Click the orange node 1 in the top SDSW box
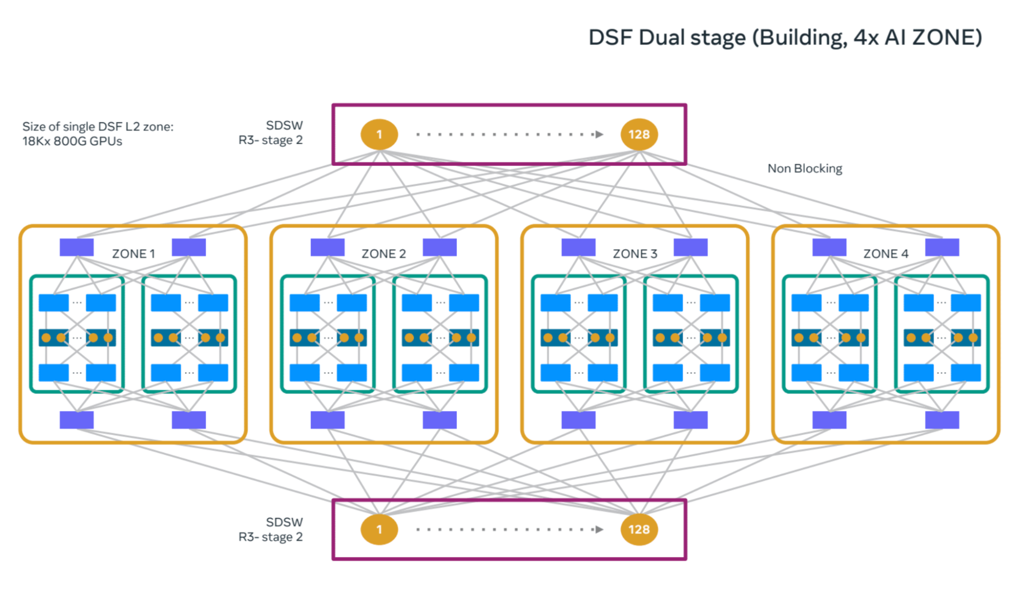point(379,135)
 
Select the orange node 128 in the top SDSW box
point(639,135)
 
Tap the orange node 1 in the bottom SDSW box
point(379,529)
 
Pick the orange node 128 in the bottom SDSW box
point(639,529)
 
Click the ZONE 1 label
point(133,254)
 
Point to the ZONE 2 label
point(383,254)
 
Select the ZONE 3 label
point(635,254)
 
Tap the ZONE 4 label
point(886,254)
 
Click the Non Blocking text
point(804,169)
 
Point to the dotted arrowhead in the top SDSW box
point(599,135)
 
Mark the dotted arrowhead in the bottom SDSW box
point(599,529)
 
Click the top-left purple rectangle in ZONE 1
point(77,247)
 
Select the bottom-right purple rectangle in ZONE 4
point(942,420)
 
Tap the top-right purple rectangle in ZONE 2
point(440,247)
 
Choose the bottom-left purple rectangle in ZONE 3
point(578,420)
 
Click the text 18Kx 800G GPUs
point(72,142)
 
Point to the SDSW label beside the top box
point(284,125)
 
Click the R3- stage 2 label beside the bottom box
point(270,537)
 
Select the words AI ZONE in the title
point(933,38)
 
